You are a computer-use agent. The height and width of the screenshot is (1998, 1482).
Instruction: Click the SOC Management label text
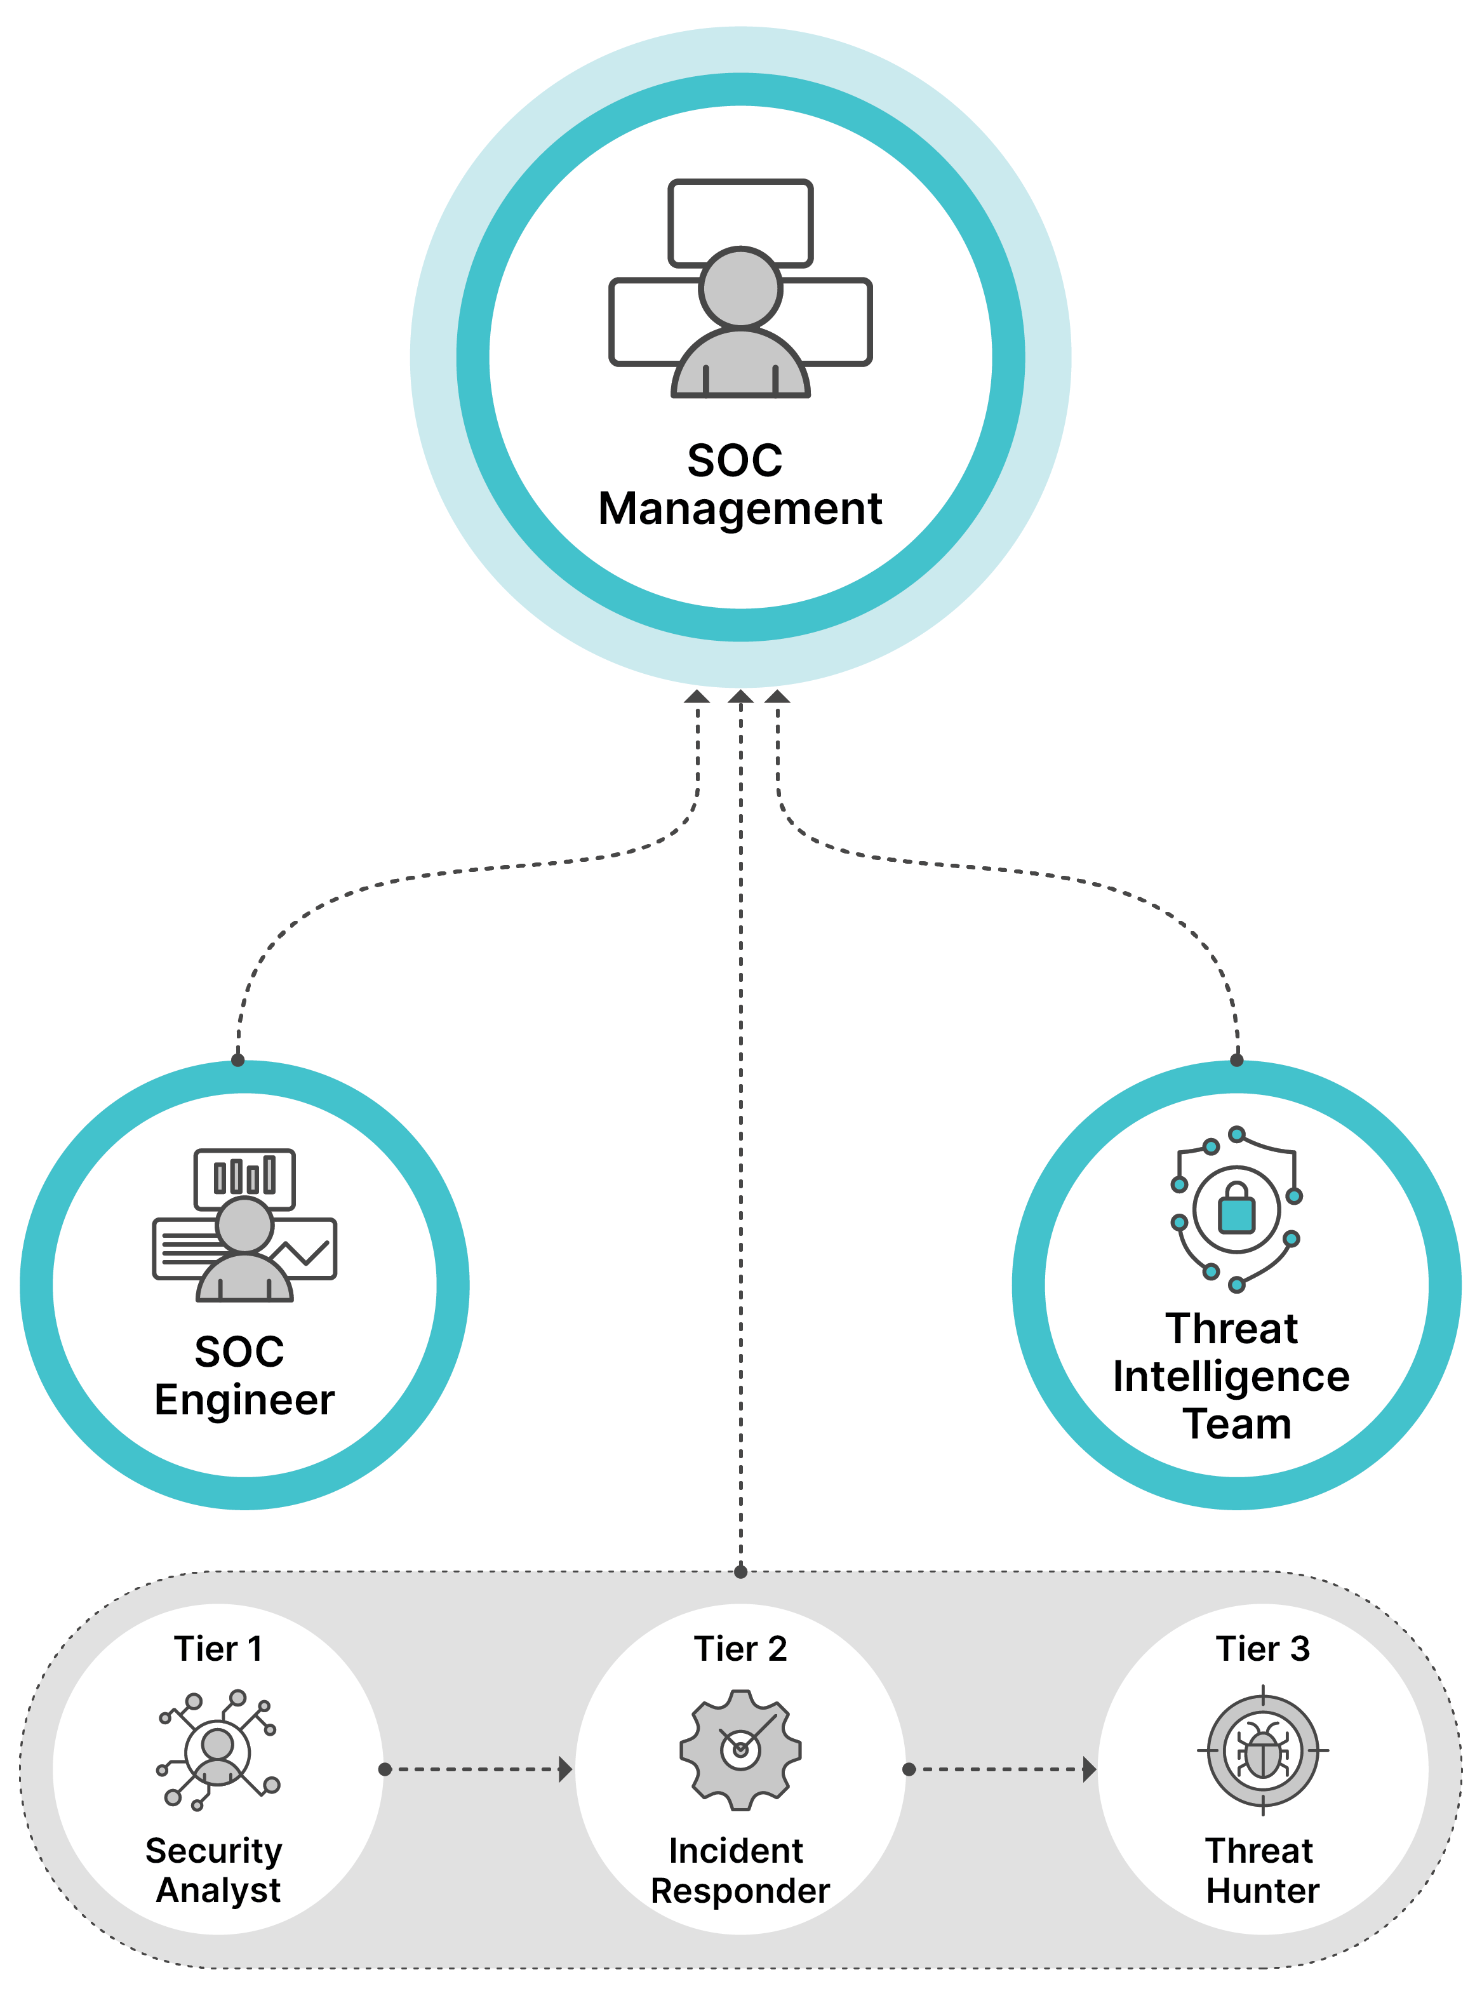pos(740,485)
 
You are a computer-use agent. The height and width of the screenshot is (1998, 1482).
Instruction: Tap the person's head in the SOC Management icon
pos(740,288)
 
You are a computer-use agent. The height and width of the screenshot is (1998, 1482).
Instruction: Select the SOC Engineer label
pos(244,1376)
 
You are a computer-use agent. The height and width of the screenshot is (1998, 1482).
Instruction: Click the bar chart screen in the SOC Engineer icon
pos(244,1176)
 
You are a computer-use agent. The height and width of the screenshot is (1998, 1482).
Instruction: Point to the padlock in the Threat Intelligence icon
pos(1236,1209)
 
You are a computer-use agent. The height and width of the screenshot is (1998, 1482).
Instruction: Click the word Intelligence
pos(1231,1376)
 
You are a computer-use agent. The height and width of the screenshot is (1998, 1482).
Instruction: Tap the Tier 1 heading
pos(218,1649)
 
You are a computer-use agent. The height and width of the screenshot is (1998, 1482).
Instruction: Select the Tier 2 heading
pos(740,1649)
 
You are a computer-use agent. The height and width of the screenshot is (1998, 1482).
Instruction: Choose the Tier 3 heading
pos(1262,1649)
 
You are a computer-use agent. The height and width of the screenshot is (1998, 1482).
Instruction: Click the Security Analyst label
pos(215,1870)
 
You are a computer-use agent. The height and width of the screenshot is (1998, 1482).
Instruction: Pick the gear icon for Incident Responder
pos(740,1750)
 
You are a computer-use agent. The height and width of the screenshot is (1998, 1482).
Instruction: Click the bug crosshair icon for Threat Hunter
pos(1262,1750)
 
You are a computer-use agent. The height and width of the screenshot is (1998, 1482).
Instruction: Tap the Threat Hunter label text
pos(1262,1870)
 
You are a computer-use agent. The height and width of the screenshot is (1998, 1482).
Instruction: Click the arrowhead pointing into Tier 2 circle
pos(565,1769)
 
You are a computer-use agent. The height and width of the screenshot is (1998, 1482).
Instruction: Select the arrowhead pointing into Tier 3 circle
pos(1089,1769)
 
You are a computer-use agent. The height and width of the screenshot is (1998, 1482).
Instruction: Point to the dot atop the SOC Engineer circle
pos(237,1059)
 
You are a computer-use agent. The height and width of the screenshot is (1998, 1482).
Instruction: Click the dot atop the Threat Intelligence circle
pos(1236,1059)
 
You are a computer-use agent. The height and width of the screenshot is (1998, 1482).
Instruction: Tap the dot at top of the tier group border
pos(740,1571)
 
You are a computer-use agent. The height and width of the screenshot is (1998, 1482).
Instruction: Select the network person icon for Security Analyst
pos(218,1750)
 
